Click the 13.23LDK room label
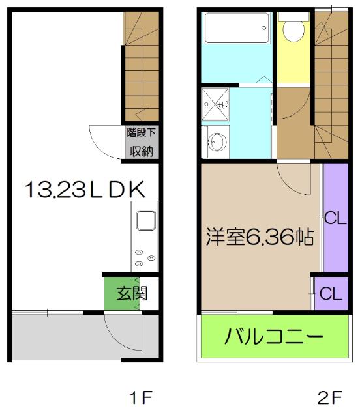click(x=83, y=190)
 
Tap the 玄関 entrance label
click(x=132, y=293)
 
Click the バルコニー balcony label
click(x=275, y=338)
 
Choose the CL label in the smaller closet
click(x=331, y=294)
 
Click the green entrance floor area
click(x=121, y=293)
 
